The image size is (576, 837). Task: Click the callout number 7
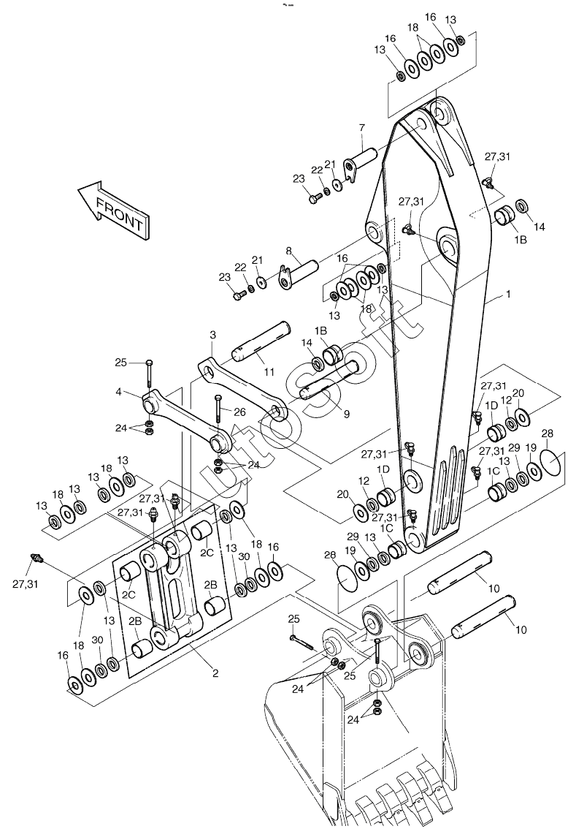(362, 128)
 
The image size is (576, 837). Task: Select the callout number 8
(288, 250)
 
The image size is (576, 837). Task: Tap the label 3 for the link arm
(212, 336)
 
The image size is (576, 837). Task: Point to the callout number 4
(118, 393)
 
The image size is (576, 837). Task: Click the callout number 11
(269, 371)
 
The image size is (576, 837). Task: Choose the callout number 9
(347, 414)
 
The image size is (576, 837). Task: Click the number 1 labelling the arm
(508, 294)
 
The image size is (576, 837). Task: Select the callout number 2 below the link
(215, 673)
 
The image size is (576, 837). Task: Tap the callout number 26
(240, 412)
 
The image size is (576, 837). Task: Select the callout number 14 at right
(539, 227)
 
